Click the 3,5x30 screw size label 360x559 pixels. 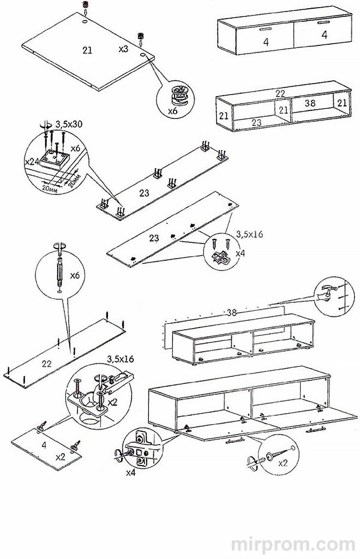point(69,124)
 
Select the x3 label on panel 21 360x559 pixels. point(123,49)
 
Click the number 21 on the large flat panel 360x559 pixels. point(87,50)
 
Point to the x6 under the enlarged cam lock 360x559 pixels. point(173,111)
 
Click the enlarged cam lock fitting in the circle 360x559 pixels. point(181,94)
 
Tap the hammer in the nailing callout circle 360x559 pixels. point(326,290)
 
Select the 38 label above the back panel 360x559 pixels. point(231,313)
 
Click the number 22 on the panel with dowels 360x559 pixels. point(47,364)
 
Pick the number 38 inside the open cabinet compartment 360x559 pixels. point(310,103)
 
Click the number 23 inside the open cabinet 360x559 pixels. point(256,123)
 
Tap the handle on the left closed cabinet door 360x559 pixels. point(265,28)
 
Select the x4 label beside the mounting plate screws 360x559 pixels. point(241,253)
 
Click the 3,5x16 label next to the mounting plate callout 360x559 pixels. point(249,234)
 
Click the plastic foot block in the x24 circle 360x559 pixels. point(54,159)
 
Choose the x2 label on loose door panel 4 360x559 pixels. point(61,457)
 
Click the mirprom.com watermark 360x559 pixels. point(293,544)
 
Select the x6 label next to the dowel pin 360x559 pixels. point(75,275)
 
